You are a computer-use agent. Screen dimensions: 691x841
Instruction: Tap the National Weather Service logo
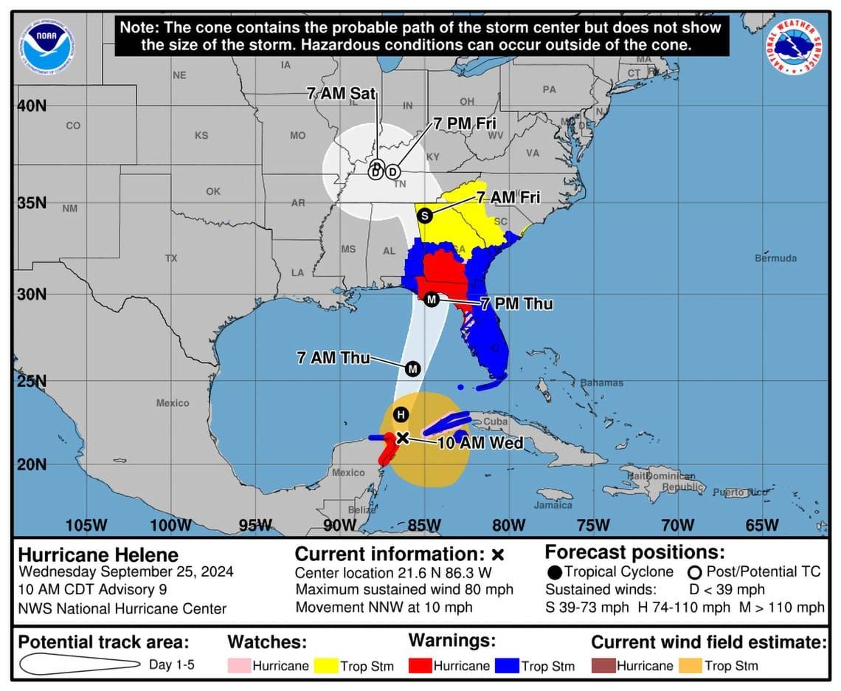pyautogui.click(x=794, y=47)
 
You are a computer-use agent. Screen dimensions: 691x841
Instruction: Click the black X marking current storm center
pyautogui.click(x=402, y=438)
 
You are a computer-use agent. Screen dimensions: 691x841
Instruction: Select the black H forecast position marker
pyautogui.click(x=400, y=414)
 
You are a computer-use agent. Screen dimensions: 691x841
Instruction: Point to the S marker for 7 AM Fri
pyautogui.click(x=424, y=216)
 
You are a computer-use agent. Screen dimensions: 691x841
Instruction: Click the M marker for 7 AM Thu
pyautogui.click(x=412, y=368)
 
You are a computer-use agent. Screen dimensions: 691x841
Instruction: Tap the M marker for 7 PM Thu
pyautogui.click(x=432, y=299)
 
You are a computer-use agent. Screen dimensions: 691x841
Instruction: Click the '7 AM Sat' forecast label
pyautogui.click(x=342, y=94)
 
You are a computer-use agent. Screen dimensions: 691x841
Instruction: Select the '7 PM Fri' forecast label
pyautogui.click(x=465, y=124)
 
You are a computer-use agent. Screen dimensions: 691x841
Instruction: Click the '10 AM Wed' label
pyautogui.click(x=480, y=443)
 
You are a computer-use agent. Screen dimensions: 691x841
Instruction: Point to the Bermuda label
pyautogui.click(x=775, y=258)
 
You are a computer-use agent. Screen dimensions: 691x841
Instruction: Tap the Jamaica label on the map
pyautogui.click(x=553, y=505)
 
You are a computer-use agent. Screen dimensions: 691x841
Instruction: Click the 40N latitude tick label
pyautogui.click(x=32, y=106)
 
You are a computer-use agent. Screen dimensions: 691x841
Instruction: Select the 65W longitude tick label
pyautogui.click(x=761, y=525)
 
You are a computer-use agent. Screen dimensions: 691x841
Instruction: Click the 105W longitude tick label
pyautogui.click(x=86, y=525)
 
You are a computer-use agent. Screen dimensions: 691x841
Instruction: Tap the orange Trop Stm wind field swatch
pyautogui.click(x=690, y=665)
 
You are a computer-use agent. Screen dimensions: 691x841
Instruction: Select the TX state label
pyautogui.click(x=172, y=258)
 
